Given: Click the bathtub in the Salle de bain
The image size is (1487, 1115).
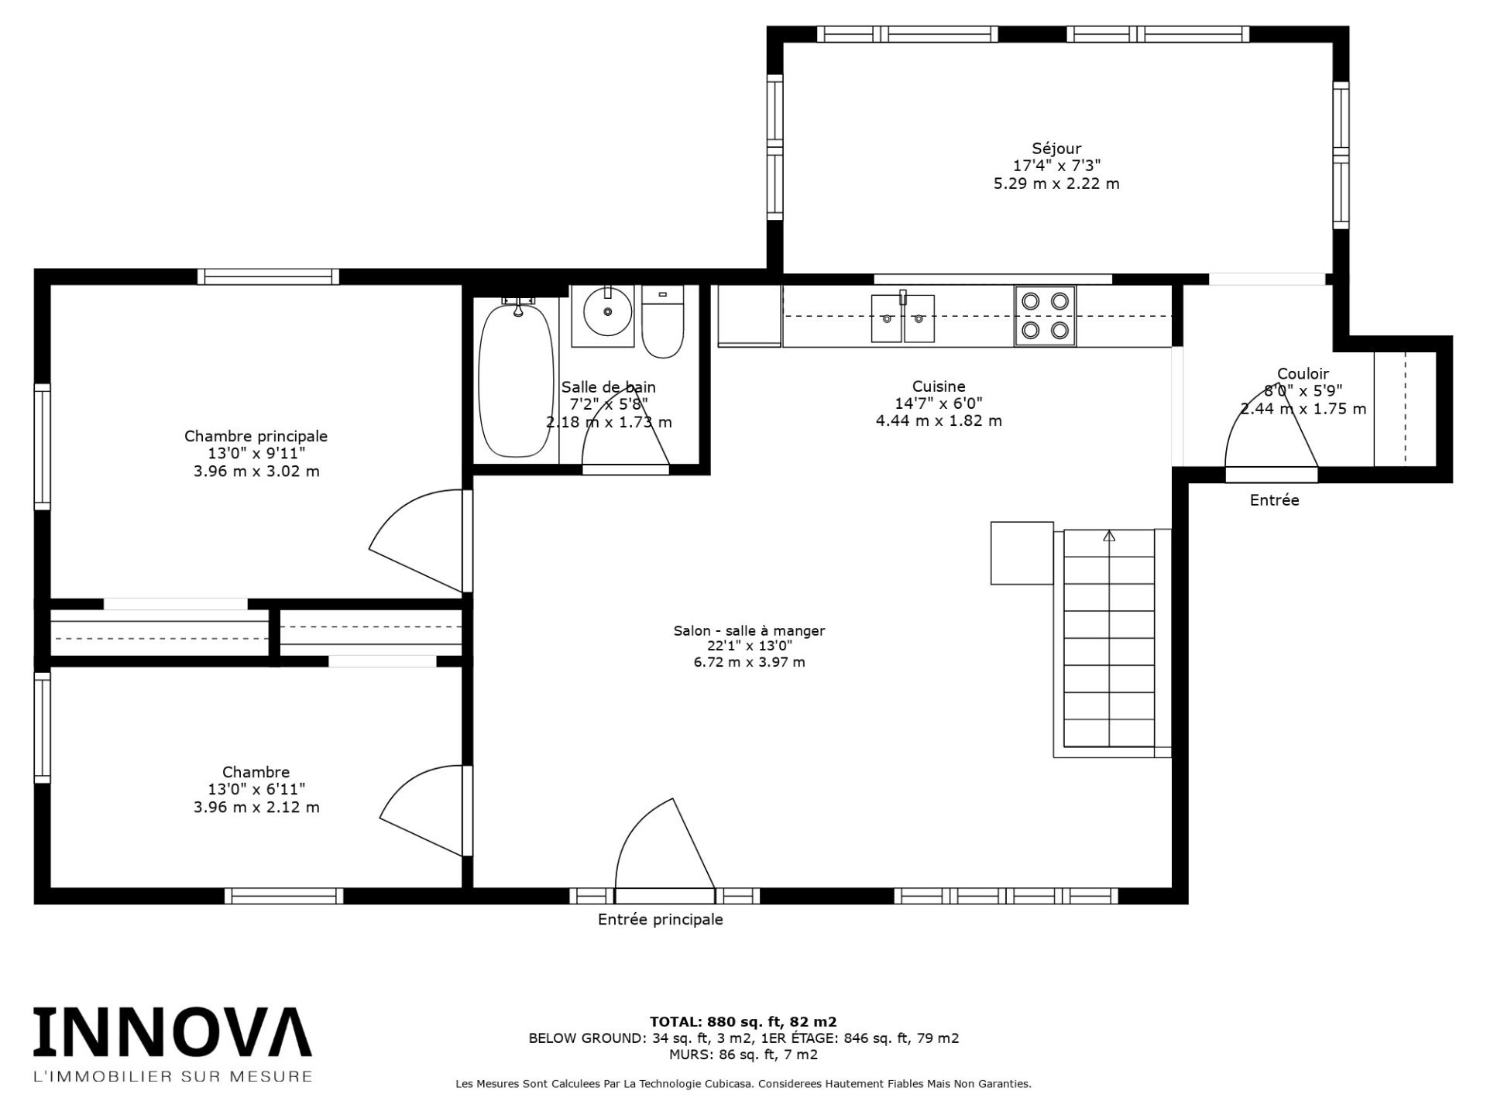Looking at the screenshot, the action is point(516,381).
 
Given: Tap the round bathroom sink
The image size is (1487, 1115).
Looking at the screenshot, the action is point(607,311).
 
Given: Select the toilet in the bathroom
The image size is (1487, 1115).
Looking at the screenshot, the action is point(663,321).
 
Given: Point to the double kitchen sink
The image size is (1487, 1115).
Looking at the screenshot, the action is point(903,317).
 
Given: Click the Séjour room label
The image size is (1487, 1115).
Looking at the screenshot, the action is point(1056,149).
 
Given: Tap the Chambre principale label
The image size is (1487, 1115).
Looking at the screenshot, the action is point(256,436).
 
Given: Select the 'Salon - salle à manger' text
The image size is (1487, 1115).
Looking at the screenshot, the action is point(749,630).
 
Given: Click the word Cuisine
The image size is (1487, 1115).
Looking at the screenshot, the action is point(939,386).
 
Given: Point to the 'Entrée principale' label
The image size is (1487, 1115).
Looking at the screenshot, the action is point(660,919).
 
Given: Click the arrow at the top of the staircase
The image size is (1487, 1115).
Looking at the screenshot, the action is point(1109,535).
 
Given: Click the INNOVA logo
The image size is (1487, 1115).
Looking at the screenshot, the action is point(172,1032).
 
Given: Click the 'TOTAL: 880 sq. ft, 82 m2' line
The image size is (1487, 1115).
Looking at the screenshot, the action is point(743,1021).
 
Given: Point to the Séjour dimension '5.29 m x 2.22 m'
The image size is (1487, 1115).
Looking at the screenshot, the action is point(1056,184).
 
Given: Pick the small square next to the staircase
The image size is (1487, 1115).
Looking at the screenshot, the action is point(1022,553).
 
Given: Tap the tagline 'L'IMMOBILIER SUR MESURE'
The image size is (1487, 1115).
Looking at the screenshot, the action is point(172,1076).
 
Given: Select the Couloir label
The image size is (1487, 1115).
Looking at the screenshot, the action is point(1303,373).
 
